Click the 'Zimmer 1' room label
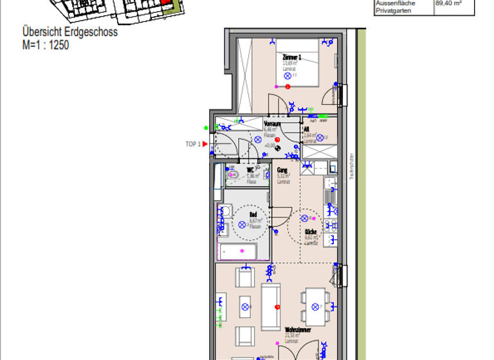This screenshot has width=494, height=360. point(292,57)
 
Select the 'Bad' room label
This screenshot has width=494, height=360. point(253,215)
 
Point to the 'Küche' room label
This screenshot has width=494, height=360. point(311,232)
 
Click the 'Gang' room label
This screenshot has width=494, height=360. point(282,170)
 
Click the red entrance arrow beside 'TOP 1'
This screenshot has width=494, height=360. point(205,144)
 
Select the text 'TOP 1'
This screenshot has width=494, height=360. point(193,144)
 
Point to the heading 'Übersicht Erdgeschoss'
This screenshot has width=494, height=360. point(69,32)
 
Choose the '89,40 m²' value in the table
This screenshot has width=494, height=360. point(448,3)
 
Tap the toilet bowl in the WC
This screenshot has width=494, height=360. point(233,174)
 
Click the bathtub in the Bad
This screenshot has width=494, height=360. point(239,251)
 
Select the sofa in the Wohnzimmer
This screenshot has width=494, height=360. point(270,307)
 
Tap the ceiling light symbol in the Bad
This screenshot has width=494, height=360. point(242,224)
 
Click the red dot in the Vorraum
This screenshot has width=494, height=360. point(277,139)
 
